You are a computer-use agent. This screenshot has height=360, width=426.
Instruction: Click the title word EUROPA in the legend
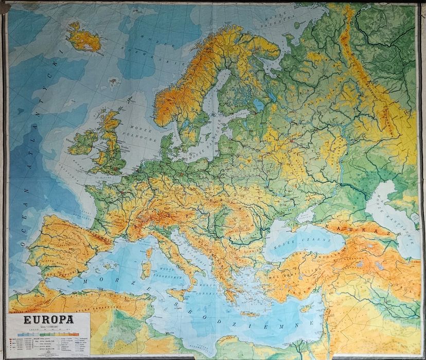pos(49,319)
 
